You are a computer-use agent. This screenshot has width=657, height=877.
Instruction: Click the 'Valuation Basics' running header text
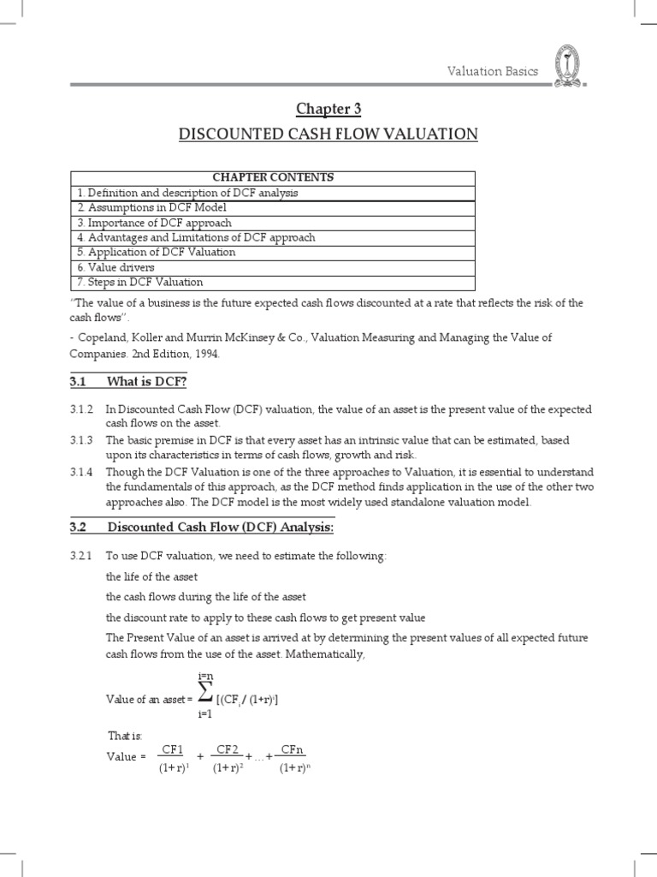(x=493, y=71)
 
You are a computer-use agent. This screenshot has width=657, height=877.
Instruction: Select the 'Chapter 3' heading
(x=328, y=108)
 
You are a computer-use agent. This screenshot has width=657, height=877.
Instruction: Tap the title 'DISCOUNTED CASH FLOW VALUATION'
(x=328, y=134)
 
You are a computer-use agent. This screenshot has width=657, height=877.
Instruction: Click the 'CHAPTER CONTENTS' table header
(x=273, y=177)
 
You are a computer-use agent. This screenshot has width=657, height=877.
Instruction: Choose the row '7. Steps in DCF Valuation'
(x=140, y=282)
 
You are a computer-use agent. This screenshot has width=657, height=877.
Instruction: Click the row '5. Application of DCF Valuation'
(x=157, y=252)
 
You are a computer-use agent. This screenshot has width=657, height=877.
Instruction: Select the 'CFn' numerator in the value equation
(x=293, y=750)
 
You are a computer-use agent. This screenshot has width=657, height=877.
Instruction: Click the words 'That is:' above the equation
(x=125, y=736)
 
